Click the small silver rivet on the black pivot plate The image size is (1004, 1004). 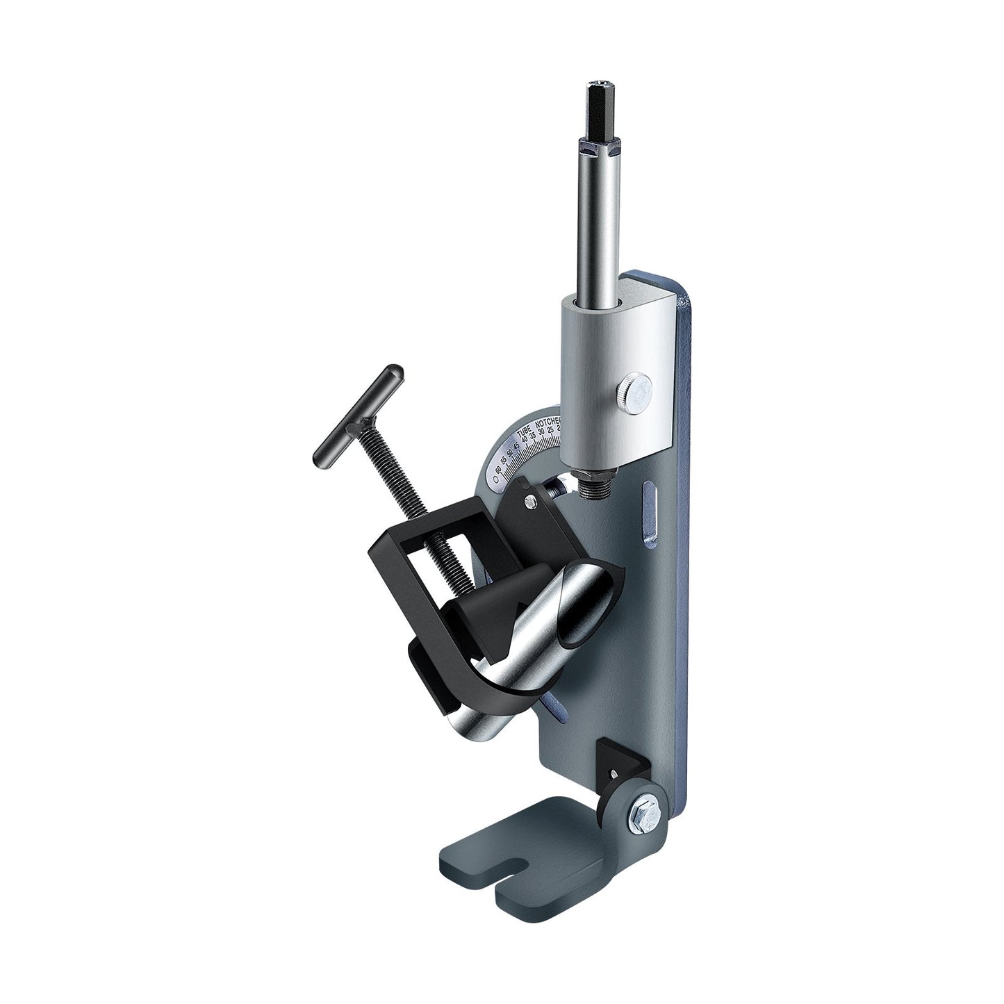coord(531,499)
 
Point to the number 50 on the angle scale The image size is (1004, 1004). coord(511,454)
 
